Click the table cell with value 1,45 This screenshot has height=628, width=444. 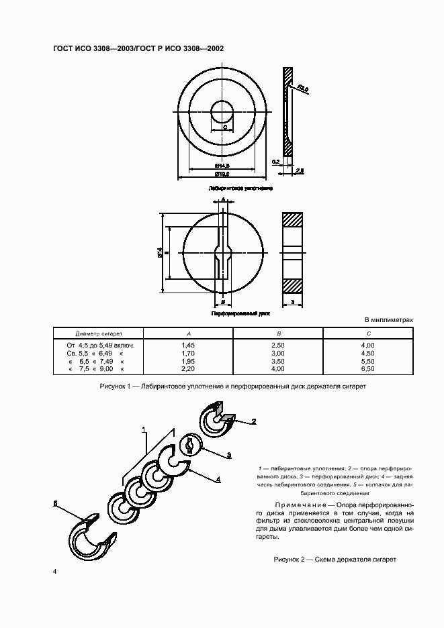click(x=188, y=345)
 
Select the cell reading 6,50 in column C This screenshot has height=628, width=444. click(x=368, y=369)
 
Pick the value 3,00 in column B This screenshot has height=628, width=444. click(x=278, y=353)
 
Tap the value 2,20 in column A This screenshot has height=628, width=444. click(x=188, y=369)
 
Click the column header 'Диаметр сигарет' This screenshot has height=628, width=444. click(x=99, y=333)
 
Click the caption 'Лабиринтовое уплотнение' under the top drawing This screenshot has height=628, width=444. click(x=240, y=189)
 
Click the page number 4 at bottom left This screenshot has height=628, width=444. click(x=55, y=571)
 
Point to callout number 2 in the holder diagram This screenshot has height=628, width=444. click(x=254, y=421)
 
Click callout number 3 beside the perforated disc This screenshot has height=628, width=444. click(x=229, y=455)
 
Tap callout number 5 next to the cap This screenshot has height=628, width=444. click(x=56, y=503)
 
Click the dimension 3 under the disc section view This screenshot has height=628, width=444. click(x=292, y=303)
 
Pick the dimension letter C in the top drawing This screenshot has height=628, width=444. click(x=224, y=127)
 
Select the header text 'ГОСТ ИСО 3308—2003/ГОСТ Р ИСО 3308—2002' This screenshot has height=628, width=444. click(x=138, y=48)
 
